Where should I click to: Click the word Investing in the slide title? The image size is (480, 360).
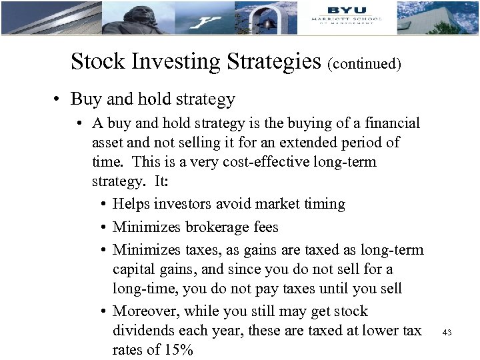pos(175,61)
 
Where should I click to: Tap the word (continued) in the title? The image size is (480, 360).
pos(365,64)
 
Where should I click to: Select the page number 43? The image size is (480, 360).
pos(447,332)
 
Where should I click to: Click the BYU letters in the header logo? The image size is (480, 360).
pos(347,9)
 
